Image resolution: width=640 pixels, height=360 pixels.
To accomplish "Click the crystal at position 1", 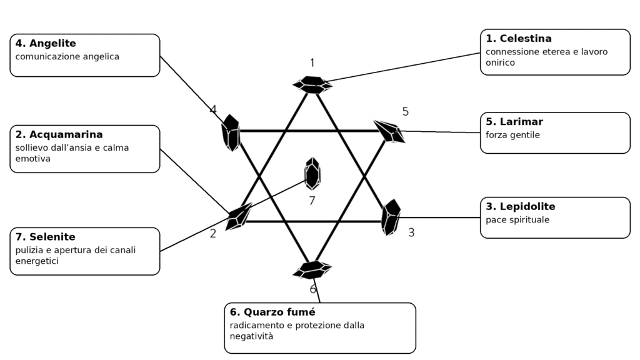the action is pyautogui.click(x=312, y=85).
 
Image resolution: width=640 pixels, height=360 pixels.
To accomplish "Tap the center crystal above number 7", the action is pyautogui.click(x=312, y=174).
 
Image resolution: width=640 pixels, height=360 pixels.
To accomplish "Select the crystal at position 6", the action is pyautogui.click(x=312, y=270).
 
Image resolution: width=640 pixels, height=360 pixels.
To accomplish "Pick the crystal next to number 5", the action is pyautogui.click(x=389, y=131).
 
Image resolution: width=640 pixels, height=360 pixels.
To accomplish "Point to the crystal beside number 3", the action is pyautogui.click(x=391, y=217).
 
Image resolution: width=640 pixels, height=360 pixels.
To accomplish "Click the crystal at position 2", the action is pyautogui.click(x=239, y=216).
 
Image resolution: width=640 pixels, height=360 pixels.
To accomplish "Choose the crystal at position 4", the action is pyautogui.click(x=231, y=132).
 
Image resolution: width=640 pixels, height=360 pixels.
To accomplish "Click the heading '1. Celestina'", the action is pyautogui.click(x=518, y=38).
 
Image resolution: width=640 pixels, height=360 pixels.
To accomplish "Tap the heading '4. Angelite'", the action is pyautogui.click(x=46, y=43).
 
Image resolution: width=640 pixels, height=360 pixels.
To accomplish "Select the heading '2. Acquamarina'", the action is pyautogui.click(x=59, y=134).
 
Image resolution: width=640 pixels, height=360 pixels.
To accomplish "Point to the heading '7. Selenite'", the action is pyautogui.click(x=45, y=237).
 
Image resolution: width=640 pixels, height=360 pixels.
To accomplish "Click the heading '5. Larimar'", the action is pyautogui.click(x=514, y=122).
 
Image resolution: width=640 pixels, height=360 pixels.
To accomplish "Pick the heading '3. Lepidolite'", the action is pyautogui.click(x=521, y=206).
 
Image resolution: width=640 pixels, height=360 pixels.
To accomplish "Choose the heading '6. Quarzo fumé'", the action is pyautogui.click(x=272, y=312).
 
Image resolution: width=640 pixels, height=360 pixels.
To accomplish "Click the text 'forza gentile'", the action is pyautogui.click(x=512, y=135).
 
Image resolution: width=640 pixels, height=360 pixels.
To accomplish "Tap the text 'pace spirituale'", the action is pyautogui.click(x=517, y=220).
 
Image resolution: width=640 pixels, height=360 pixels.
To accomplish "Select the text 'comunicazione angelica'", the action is pyautogui.click(x=67, y=57).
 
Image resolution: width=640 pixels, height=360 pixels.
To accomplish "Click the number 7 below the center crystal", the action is pyautogui.click(x=312, y=201).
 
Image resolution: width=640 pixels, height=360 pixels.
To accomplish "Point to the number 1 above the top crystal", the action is pyautogui.click(x=312, y=63).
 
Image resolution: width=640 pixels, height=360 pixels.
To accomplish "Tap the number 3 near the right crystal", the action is pyautogui.click(x=411, y=232).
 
